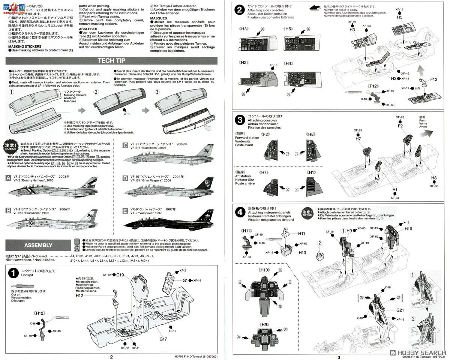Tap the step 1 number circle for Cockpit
click(13, 273)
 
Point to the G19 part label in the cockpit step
click(120, 275)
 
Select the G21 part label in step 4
click(400, 310)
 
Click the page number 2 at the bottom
click(111, 357)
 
